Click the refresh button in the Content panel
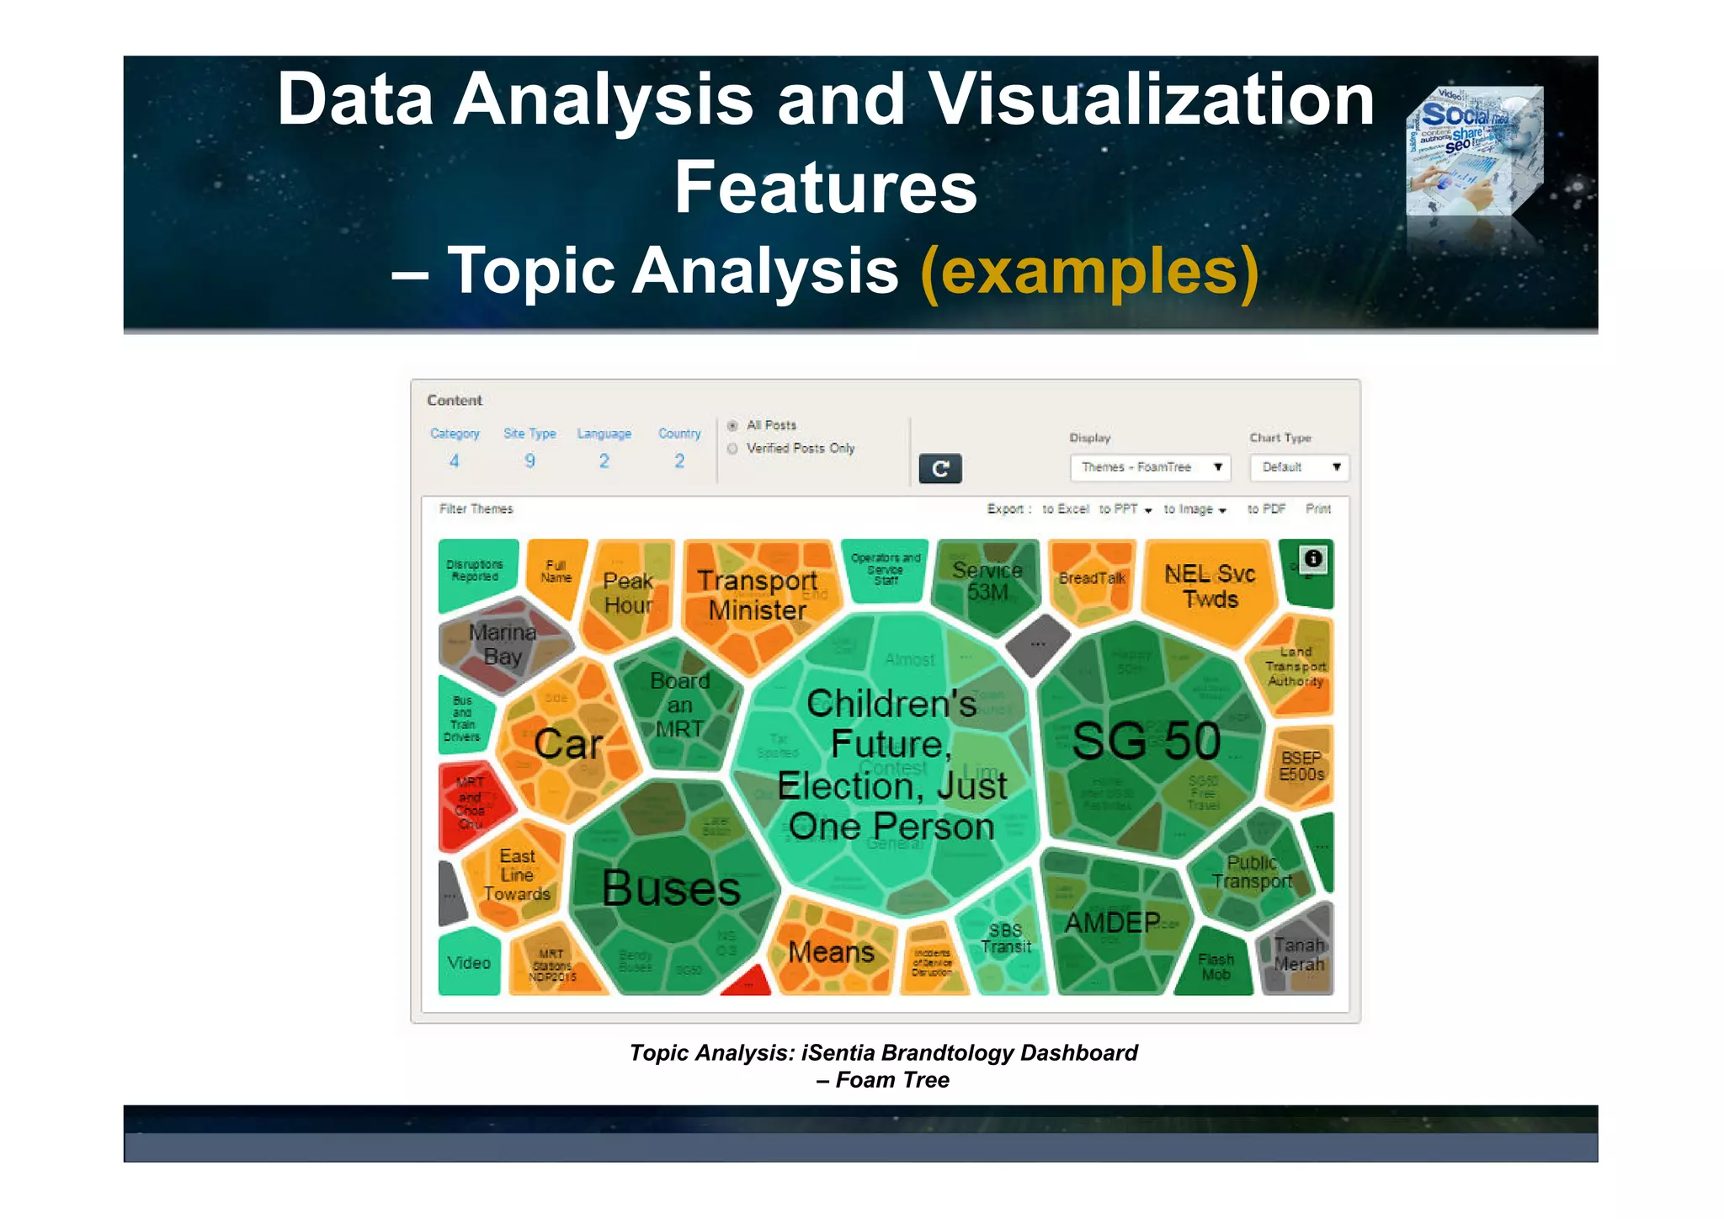pos(939,468)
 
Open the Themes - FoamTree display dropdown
pos(1150,467)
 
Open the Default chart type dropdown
pos(1299,467)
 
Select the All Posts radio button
pos(732,426)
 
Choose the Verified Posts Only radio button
pos(732,449)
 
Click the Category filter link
pos(455,434)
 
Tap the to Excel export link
pos(1065,509)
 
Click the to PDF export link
pos(1266,509)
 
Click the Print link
pos(1318,509)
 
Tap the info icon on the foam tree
pos(1312,558)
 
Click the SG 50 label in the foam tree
pos(1147,741)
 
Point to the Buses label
pos(671,888)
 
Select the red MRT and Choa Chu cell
pos(471,804)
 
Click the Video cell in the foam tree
pos(469,962)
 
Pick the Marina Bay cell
pos(503,644)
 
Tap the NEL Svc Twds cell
pos(1210,586)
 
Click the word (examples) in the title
pos(1089,271)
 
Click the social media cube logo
pos(1474,152)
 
